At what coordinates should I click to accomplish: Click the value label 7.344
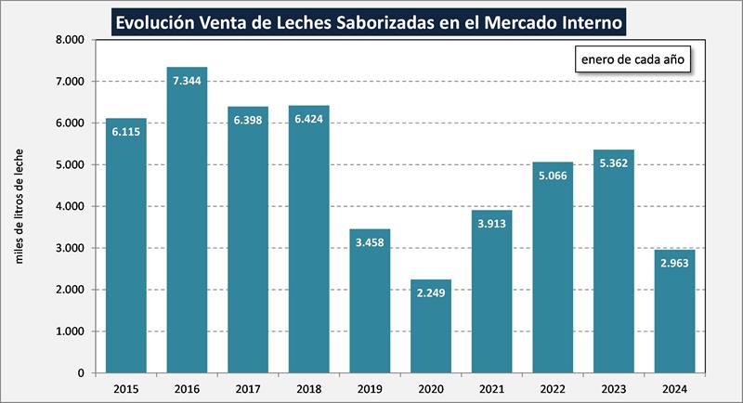187,81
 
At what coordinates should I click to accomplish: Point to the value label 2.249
431,293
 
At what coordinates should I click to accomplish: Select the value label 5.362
614,163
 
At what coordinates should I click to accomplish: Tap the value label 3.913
492,224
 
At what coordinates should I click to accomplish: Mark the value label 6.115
125,132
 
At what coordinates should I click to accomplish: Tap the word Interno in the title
589,19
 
